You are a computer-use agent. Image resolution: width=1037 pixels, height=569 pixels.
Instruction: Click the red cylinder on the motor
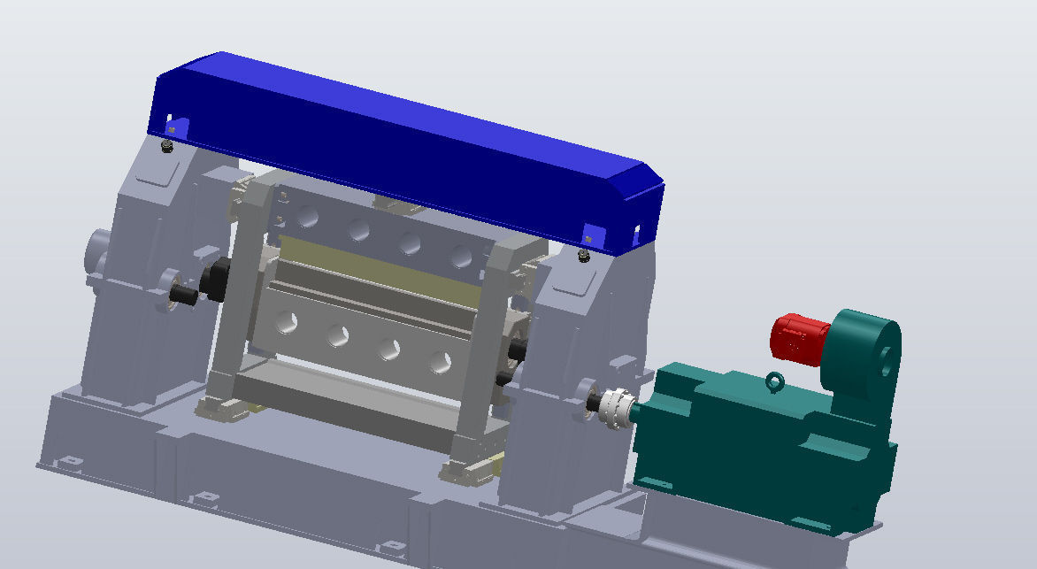click(797, 338)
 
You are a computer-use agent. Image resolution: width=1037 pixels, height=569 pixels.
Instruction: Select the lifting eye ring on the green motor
click(775, 382)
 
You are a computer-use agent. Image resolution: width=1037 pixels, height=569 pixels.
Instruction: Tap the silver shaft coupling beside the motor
click(613, 408)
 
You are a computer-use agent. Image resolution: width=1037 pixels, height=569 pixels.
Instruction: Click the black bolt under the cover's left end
click(167, 146)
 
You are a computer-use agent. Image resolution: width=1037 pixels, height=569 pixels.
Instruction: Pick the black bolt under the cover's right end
click(582, 256)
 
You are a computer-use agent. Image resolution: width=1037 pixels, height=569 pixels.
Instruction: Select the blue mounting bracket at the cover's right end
click(592, 235)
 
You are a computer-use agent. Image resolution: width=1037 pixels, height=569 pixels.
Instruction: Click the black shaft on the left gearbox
click(185, 295)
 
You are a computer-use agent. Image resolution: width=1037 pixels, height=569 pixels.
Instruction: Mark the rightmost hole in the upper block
click(460, 256)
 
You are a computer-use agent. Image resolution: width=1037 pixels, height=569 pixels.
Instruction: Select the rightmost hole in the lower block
click(441, 362)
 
